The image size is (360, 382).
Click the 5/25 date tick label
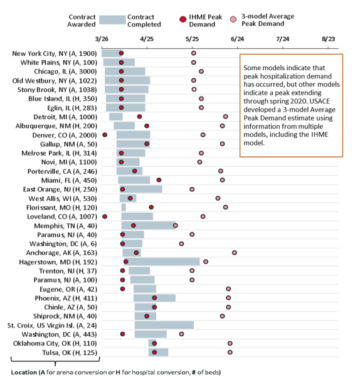[192, 39]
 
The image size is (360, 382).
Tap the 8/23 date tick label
[329, 39]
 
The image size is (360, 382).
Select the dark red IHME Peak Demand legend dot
[183, 19]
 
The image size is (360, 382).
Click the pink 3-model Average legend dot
[233, 19]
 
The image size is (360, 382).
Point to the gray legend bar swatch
[112, 20]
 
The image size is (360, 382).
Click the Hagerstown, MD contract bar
[162, 262]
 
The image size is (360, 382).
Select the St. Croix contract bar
[164, 325]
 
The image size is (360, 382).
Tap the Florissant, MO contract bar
[124, 208]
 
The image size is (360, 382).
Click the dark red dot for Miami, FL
[159, 180]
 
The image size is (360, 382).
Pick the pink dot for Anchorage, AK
[235, 253]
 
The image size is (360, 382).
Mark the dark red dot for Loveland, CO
[105, 216]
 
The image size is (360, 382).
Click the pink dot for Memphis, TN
[176, 225]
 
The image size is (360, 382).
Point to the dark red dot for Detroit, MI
[139, 117]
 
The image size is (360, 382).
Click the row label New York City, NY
[55, 53]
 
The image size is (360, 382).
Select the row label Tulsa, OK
[70, 353]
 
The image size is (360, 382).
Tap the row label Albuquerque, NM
[56, 126]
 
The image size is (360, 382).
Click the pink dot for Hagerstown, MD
[206, 262]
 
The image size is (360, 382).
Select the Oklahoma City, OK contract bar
[152, 343]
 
